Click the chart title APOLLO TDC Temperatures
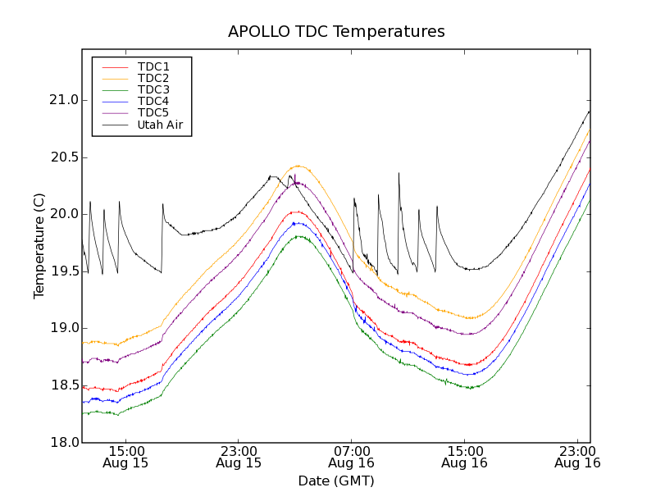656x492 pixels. (336, 32)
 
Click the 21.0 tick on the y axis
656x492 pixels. (62, 100)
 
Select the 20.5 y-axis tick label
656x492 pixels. (62, 157)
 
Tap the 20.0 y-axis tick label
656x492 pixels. (62, 214)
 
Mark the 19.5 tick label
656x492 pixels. (62, 271)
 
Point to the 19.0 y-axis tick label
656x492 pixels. (62, 328)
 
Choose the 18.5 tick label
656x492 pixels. (62, 385)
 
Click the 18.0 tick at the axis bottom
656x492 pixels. (62, 442)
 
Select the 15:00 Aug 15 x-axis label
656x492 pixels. (126, 457)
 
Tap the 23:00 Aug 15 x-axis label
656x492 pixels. (239, 457)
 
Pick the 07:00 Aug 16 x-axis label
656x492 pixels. (352, 457)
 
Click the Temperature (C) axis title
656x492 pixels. (39, 246)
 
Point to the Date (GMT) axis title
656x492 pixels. (336, 481)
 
